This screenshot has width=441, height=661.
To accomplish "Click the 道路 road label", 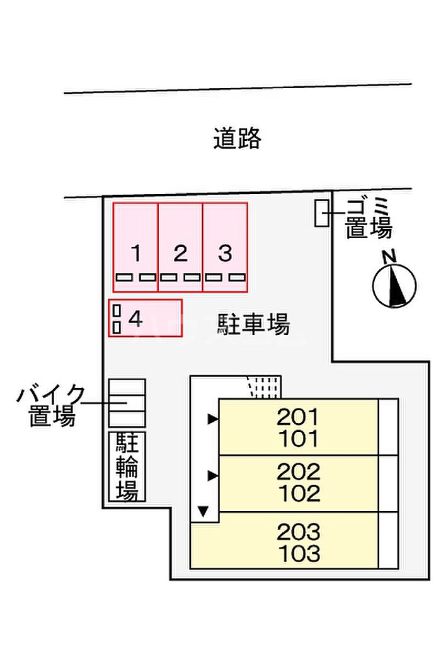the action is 237,138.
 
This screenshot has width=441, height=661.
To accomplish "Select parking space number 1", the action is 135,247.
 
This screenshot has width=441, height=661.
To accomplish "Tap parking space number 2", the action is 180,247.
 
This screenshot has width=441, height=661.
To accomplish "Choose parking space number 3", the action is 225,247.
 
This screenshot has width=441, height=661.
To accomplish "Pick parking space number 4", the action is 145,318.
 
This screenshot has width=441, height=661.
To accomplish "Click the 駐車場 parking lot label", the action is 254,324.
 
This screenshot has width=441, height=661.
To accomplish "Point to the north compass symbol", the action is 394,285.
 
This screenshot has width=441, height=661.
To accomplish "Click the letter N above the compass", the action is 389,256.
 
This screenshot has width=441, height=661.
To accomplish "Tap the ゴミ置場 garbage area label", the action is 369,218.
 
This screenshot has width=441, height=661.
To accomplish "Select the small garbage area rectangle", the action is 321,213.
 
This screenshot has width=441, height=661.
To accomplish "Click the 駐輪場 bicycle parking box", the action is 127,466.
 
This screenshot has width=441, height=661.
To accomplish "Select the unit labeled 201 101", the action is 298,427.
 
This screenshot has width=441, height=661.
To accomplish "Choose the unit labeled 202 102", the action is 298,483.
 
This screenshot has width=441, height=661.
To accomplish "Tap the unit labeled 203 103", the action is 284,540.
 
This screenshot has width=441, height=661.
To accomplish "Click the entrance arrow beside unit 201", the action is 213,419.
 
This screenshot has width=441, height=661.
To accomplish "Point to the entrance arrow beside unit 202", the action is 213,476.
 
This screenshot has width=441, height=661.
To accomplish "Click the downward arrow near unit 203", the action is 203,512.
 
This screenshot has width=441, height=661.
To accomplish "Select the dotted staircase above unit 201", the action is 264,387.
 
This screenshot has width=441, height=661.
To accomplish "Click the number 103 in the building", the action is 299,553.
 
